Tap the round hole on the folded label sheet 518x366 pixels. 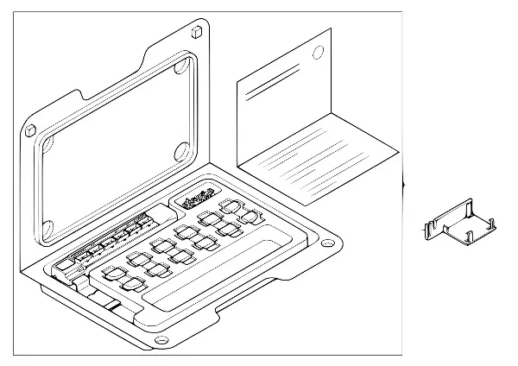(317, 52)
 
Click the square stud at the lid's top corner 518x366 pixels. (198, 31)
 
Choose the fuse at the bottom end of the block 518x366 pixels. (132, 284)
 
